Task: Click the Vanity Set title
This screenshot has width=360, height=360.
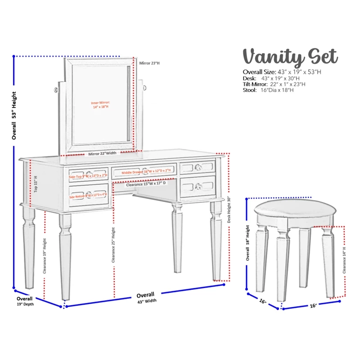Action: tap(290, 58)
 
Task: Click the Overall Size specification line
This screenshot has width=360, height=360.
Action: tap(282, 72)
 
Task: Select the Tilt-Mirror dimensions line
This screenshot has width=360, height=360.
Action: tap(274, 84)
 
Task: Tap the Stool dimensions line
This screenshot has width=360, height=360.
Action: tap(268, 90)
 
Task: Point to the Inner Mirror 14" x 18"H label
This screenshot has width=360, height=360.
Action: tap(100, 105)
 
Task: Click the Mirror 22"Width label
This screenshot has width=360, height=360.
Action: tap(102, 154)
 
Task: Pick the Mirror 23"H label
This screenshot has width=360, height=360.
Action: tap(149, 63)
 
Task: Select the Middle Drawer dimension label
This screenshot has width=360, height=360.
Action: tap(146, 171)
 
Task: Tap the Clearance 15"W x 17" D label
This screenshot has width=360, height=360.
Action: tap(146, 184)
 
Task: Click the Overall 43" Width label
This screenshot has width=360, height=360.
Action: tap(146, 297)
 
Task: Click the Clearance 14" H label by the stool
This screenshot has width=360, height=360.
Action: tap(344, 260)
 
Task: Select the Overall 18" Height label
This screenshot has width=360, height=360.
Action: tap(248, 243)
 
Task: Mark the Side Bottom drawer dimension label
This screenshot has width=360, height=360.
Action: tap(88, 195)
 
